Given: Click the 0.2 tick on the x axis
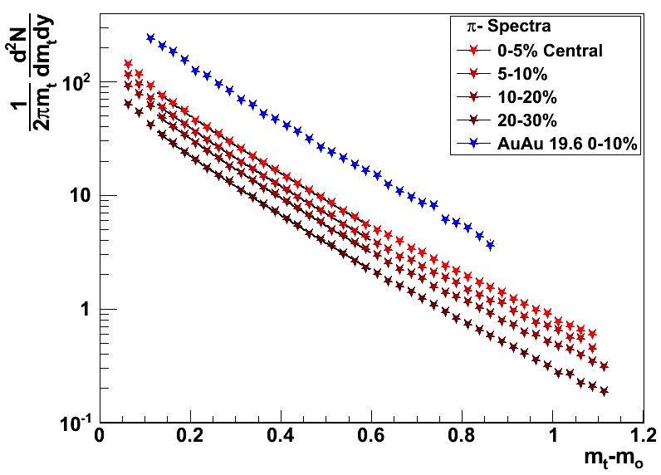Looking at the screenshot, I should point(190,435).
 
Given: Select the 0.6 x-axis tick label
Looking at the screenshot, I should point(371,435).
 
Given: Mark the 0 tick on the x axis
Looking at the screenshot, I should point(100,435).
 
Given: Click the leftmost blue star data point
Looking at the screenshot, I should point(150,38).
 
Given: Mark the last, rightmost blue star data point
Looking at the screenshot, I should point(490,245).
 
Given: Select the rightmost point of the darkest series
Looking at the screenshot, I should point(604,391).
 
